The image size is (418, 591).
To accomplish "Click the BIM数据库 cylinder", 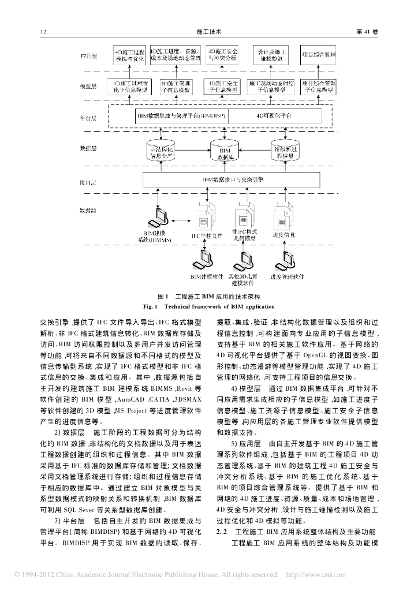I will point(225,153).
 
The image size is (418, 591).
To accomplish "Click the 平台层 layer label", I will point(88,118).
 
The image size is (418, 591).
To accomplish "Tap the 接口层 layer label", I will point(88,181).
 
